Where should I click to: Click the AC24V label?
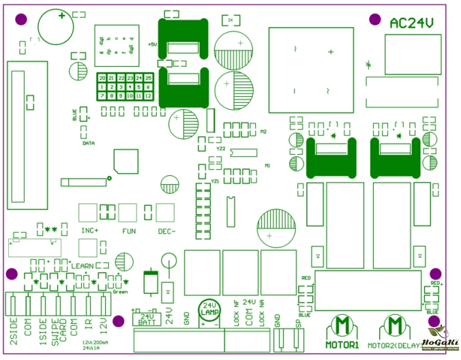click(412, 23)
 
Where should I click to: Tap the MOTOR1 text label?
click(342, 346)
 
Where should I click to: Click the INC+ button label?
click(90, 230)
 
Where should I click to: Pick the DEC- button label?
click(166, 230)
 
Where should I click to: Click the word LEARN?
click(83, 265)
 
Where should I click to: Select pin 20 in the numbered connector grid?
click(102, 78)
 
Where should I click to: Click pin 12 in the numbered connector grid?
click(148, 95)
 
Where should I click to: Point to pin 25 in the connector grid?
click(148, 78)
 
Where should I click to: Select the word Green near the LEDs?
click(120, 291)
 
